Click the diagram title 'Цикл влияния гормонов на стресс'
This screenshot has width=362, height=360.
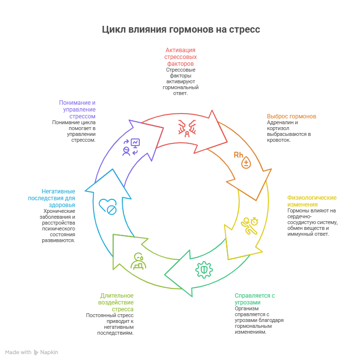tap(181, 30)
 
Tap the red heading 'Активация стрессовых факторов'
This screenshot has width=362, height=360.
tap(180, 57)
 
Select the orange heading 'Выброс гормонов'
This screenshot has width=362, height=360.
tap(291, 116)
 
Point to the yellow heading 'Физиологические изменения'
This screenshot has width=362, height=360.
tap(312, 201)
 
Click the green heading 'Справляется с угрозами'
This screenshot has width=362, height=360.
tap(255, 299)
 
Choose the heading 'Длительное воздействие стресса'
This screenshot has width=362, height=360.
tap(117, 302)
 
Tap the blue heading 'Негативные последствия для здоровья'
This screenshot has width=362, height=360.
tap(52, 198)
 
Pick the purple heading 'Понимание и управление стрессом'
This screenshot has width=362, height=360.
tap(77, 110)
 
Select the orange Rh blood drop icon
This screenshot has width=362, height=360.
tap(243, 159)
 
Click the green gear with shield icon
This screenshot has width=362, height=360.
tap(204, 269)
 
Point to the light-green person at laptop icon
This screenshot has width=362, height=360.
tap(138, 261)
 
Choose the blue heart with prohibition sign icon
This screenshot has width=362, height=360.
tap(108, 207)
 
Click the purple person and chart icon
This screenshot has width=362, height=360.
tap(131, 147)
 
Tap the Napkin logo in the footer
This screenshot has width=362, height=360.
tap(46, 352)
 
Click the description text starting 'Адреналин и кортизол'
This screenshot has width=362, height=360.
tap(288, 131)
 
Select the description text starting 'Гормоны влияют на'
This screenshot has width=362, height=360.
tap(312, 222)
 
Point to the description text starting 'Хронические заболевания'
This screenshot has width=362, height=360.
tap(59, 226)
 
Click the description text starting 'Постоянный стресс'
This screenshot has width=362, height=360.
tap(110, 324)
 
